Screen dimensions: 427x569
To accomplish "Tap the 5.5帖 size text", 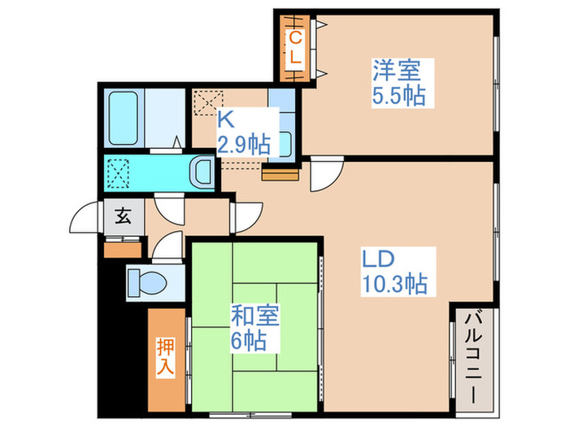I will pyautogui.click(x=398, y=96).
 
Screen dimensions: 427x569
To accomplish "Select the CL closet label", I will pyautogui.click(x=296, y=48).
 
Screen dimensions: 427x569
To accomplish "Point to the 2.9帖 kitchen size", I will pyautogui.click(x=243, y=145).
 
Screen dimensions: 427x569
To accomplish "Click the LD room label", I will pyautogui.click(x=379, y=259).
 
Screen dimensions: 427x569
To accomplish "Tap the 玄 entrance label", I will pyautogui.click(x=123, y=217).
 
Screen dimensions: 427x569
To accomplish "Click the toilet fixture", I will pyautogui.click(x=149, y=283).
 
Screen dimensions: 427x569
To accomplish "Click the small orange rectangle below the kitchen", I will pyautogui.click(x=276, y=172).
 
